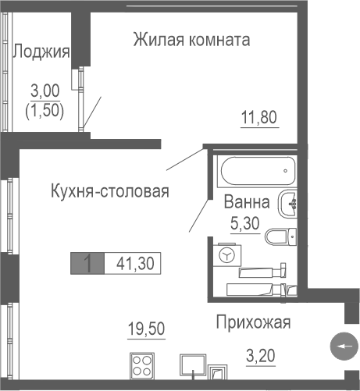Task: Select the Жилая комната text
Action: coord(191,39)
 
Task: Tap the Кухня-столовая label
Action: coord(109,190)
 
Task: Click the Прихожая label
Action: coord(253,322)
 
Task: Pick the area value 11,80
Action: coord(258,119)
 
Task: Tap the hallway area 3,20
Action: coord(260,358)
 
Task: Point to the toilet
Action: coord(280,234)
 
